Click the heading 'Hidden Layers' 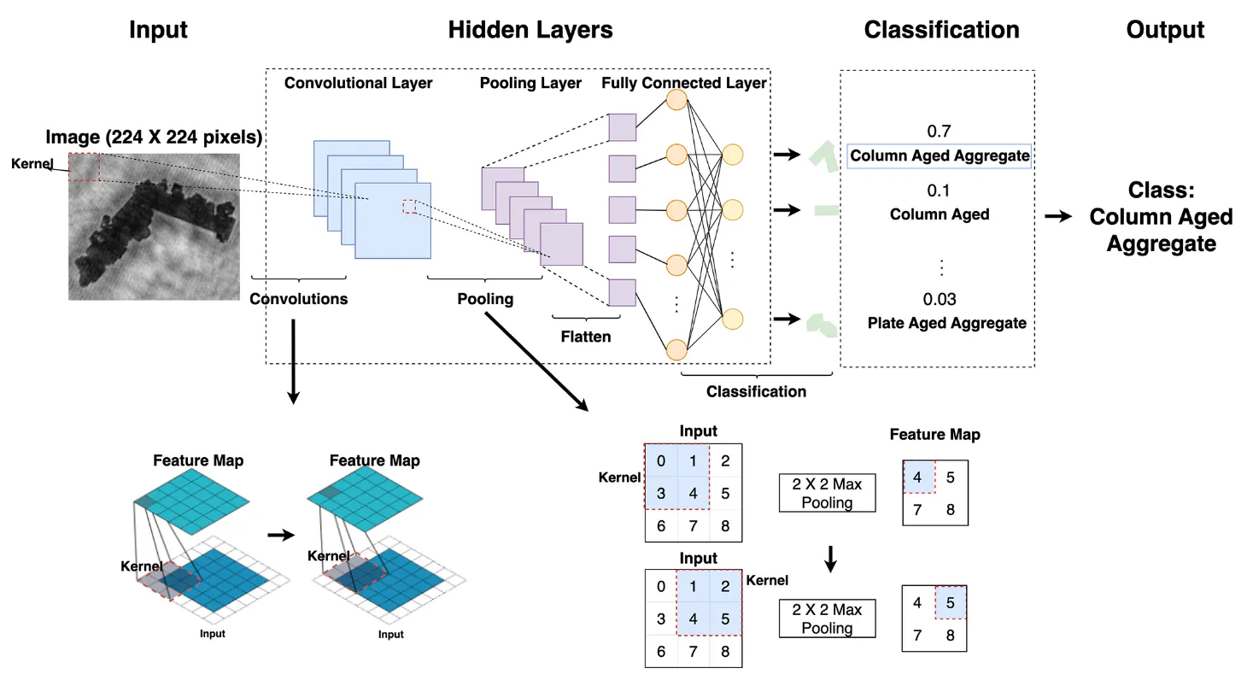[x=530, y=30]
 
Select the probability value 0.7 [x=938, y=132]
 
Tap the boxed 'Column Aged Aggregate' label [x=940, y=156]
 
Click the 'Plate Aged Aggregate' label [x=946, y=323]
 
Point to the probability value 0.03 [x=939, y=299]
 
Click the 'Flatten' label [x=585, y=337]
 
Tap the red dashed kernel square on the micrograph [x=84, y=167]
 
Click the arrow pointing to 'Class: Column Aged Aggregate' [x=1059, y=217]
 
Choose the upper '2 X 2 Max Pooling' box [x=827, y=494]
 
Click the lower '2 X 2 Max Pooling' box [x=827, y=619]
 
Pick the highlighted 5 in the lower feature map [x=951, y=602]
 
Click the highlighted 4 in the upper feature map [x=918, y=477]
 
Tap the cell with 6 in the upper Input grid [x=661, y=526]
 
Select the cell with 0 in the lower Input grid [x=661, y=587]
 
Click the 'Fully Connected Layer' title [x=683, y=83]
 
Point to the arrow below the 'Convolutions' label [x=293, y=359]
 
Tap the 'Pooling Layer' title [x=530, y=83]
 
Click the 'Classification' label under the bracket [x=756, y=391]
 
